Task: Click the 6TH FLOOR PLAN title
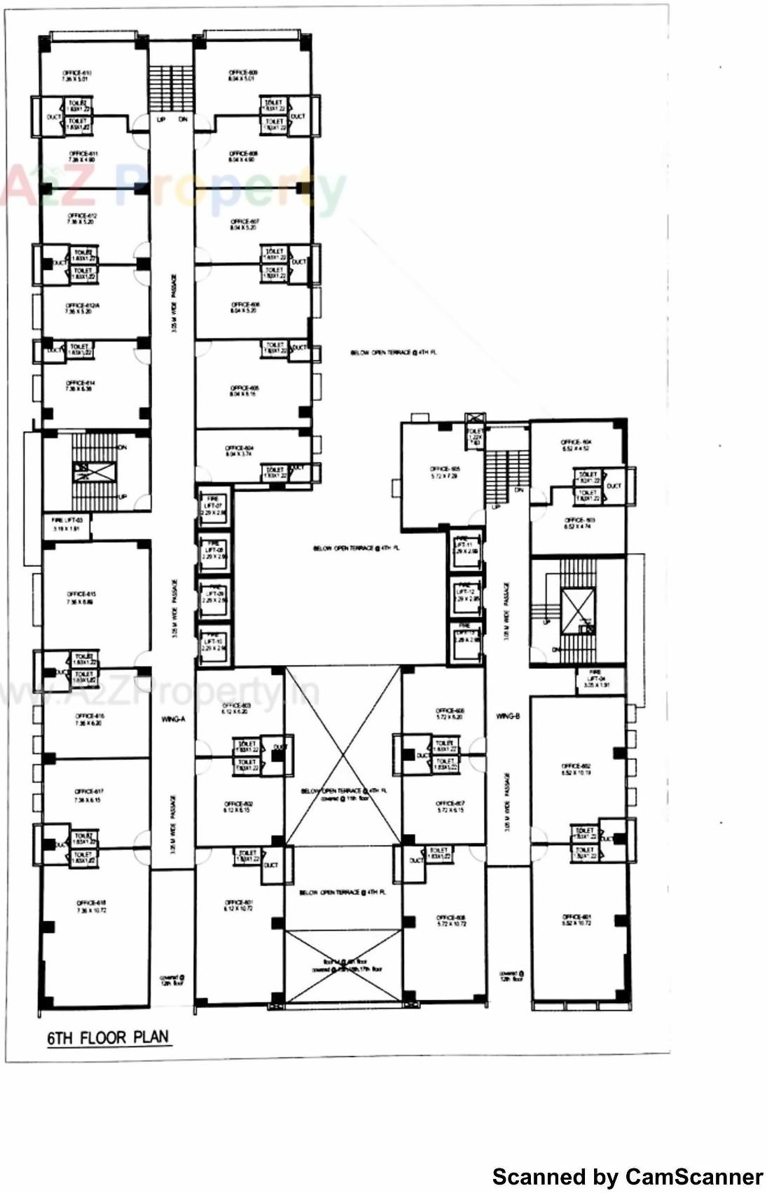pos(109,1037)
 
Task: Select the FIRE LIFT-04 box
pos(595,679)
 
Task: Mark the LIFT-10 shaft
pos(213,644)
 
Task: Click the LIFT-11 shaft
pos(466,547)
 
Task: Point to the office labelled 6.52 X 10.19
pos(576,769)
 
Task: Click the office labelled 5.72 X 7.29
pos(445,472)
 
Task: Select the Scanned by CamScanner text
pos(628,1176)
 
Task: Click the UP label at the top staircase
pos(161,120)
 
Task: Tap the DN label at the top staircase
pos(183,120)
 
